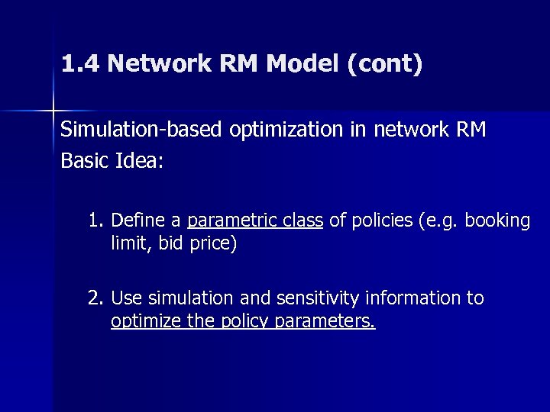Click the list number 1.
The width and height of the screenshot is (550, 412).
pyautogui.click(x=95, y=221)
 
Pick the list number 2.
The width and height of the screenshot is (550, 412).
pyautogui.click(x=95, y=298)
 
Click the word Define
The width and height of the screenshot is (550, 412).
pyautogui.click(x=138, y=221)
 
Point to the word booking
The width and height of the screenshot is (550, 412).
pyautogui.click(x=499, y=221)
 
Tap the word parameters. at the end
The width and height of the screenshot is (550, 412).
pyautogui.click(x=335, y=321)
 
